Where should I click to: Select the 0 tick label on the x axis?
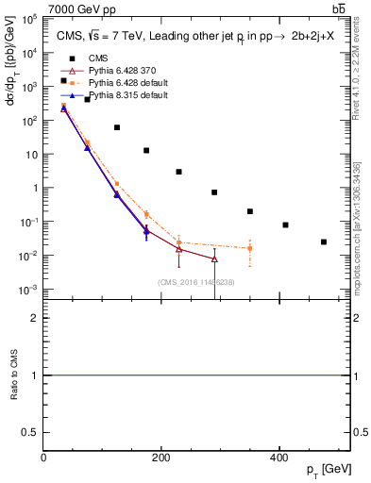point(44,458)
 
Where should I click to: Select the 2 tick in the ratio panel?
point(36,318)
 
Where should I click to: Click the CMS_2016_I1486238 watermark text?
point(196,282)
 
